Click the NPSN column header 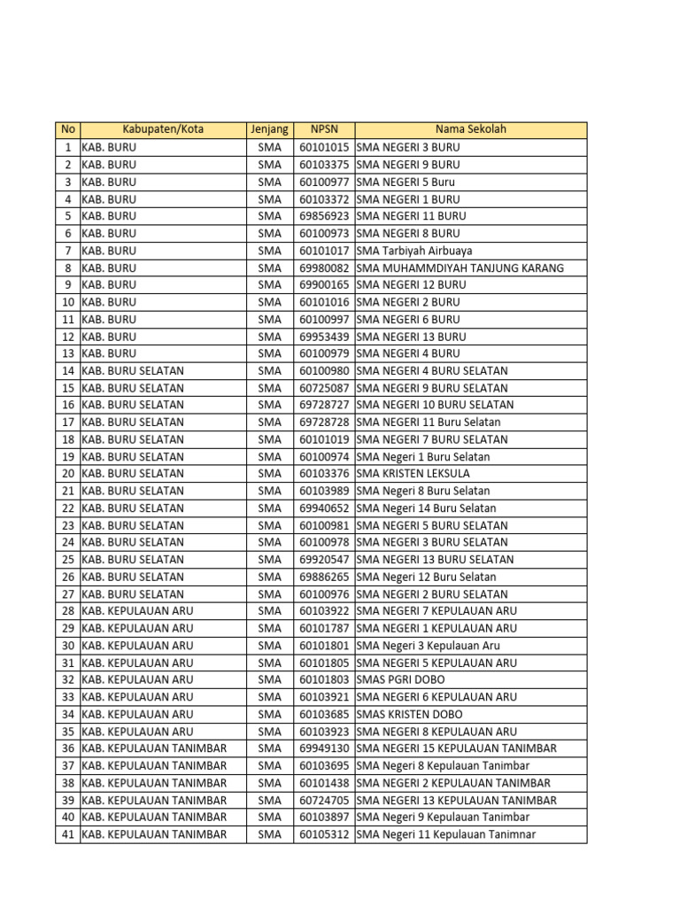pyautogui.click(x=324, y=129)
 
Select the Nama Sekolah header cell pyautogui.click(x=470, y=129)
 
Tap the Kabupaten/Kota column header pyautogui.click(x=163, y=129)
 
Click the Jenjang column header pyautogui.click(x=269, y=129)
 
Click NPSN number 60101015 pyautogui.click(x=324, y=147)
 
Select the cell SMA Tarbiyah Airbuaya pyautogui.click(x=414, y=251)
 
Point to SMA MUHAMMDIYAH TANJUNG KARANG pyautogui.click(x=460, y=267)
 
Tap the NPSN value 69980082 pyautogui.click(x=324, y=267)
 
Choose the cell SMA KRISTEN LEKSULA pyautogui.click(x=413, y=474)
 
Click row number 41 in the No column pyautogui.click(x=67, y=834)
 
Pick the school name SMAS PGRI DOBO pyautogui.click(x=403, y=679)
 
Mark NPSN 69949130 pyautogui.click(x=324, y=748)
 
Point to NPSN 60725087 pyautogui.click(x=324, y=388)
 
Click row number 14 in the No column pyautogui.click(x=67, y=371)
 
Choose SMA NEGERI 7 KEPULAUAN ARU pyautogui.click(x=437, y=611)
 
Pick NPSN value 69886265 pyautogui.click(x=324, y=577)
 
